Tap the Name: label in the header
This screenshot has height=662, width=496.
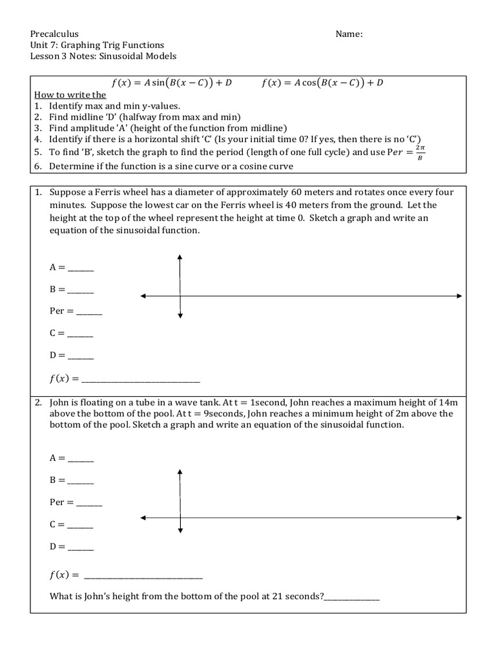coord(349,34)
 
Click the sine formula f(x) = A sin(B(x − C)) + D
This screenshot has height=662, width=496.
coord(172,83)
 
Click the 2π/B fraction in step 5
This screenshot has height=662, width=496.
coord(421,154)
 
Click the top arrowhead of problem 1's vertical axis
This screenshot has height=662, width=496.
coord(180,257)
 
